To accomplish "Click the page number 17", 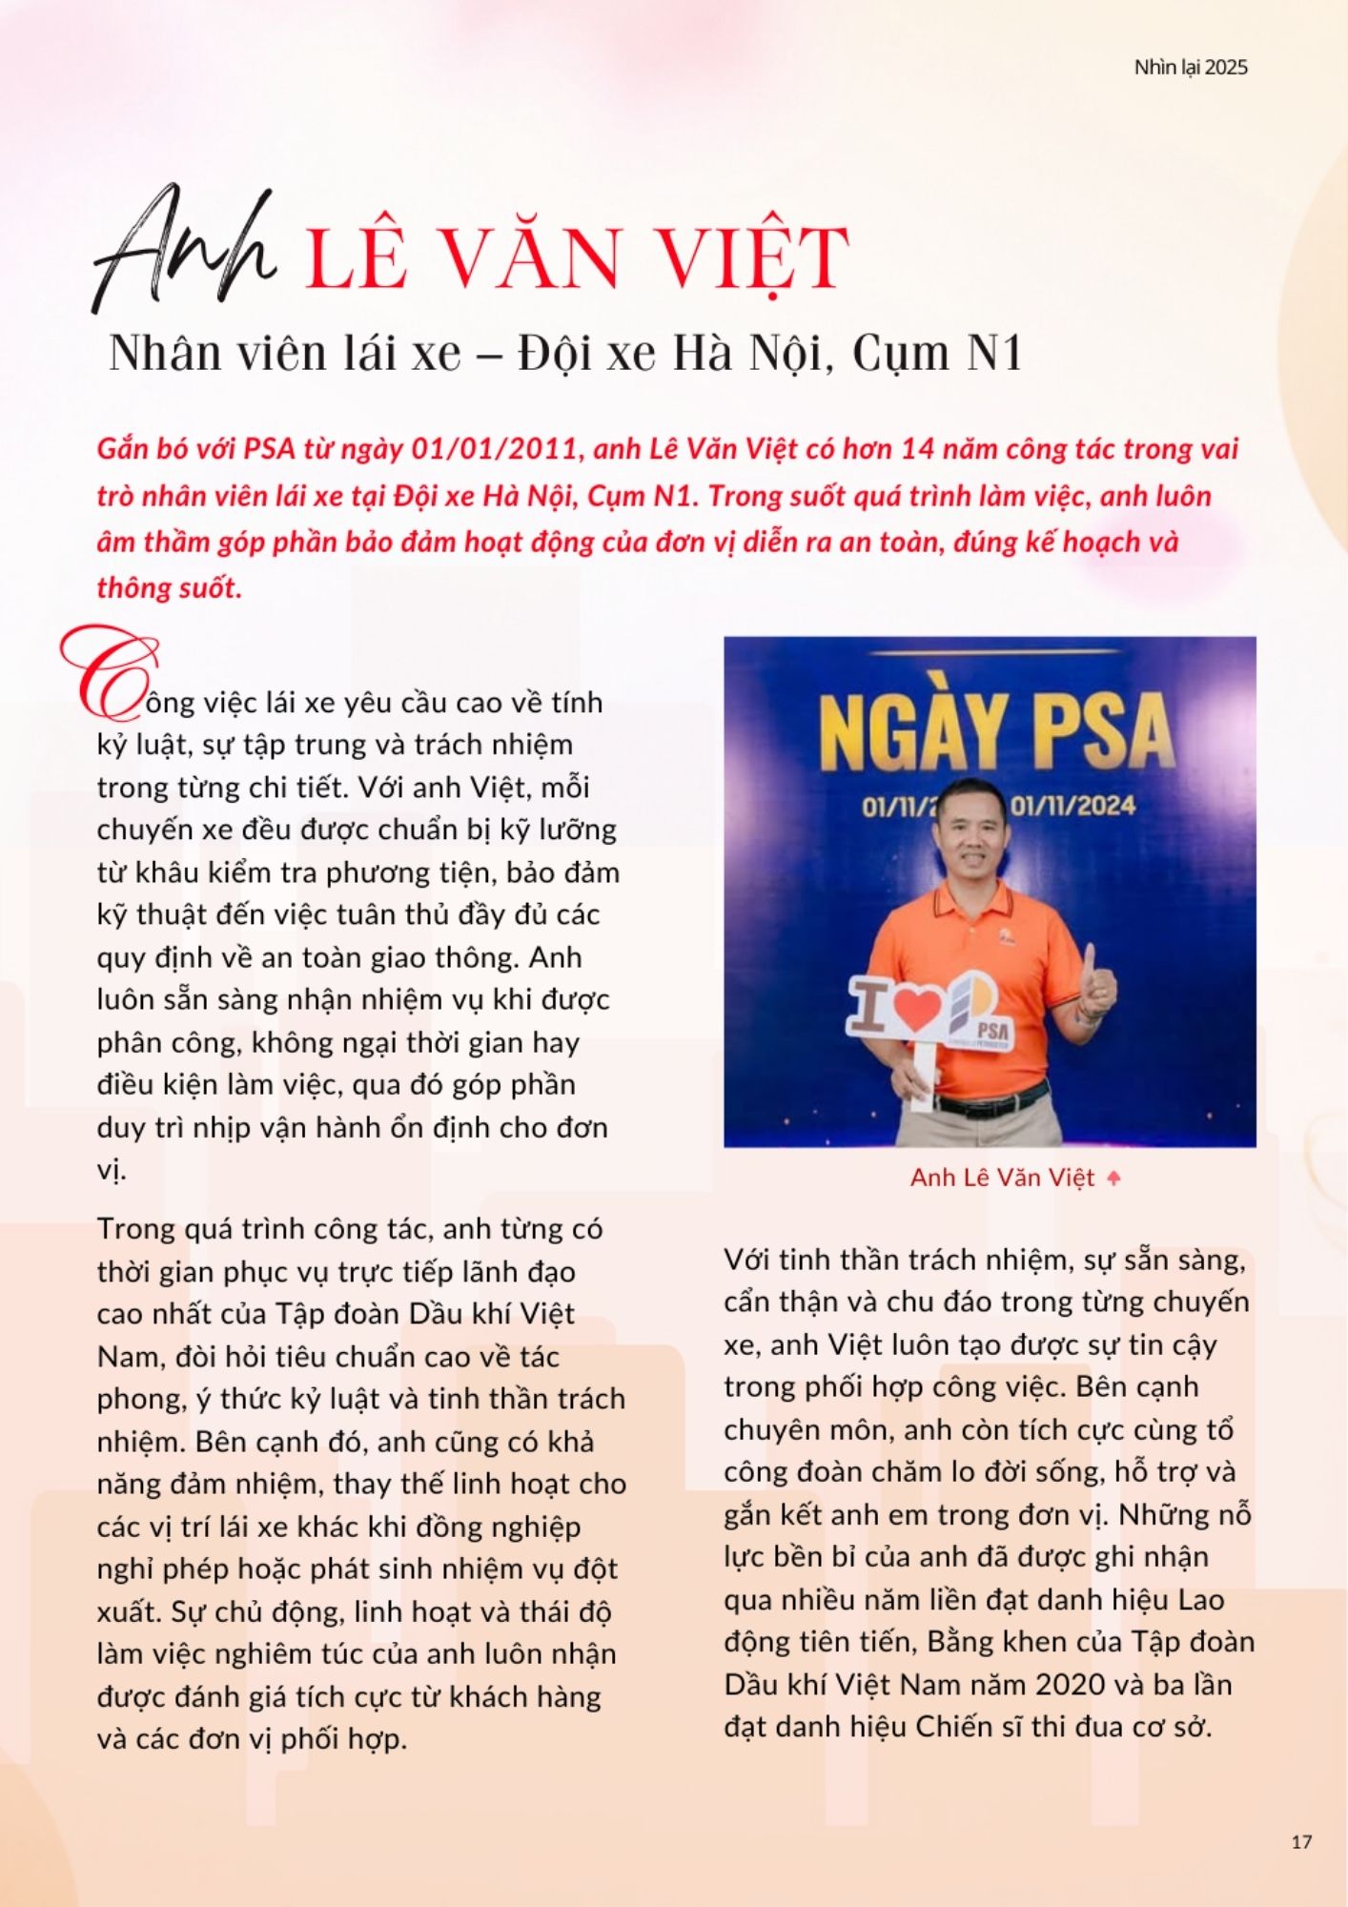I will coord(1301,1841).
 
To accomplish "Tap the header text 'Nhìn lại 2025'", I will coord(1190,68).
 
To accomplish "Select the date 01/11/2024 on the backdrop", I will coord(1072,807).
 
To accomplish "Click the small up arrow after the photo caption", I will coord(1113,1179).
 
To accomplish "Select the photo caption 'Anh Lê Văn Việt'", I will coord(1002,1179).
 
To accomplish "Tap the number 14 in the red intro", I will coord(917,448).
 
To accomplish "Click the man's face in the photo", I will coord(976,850).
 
